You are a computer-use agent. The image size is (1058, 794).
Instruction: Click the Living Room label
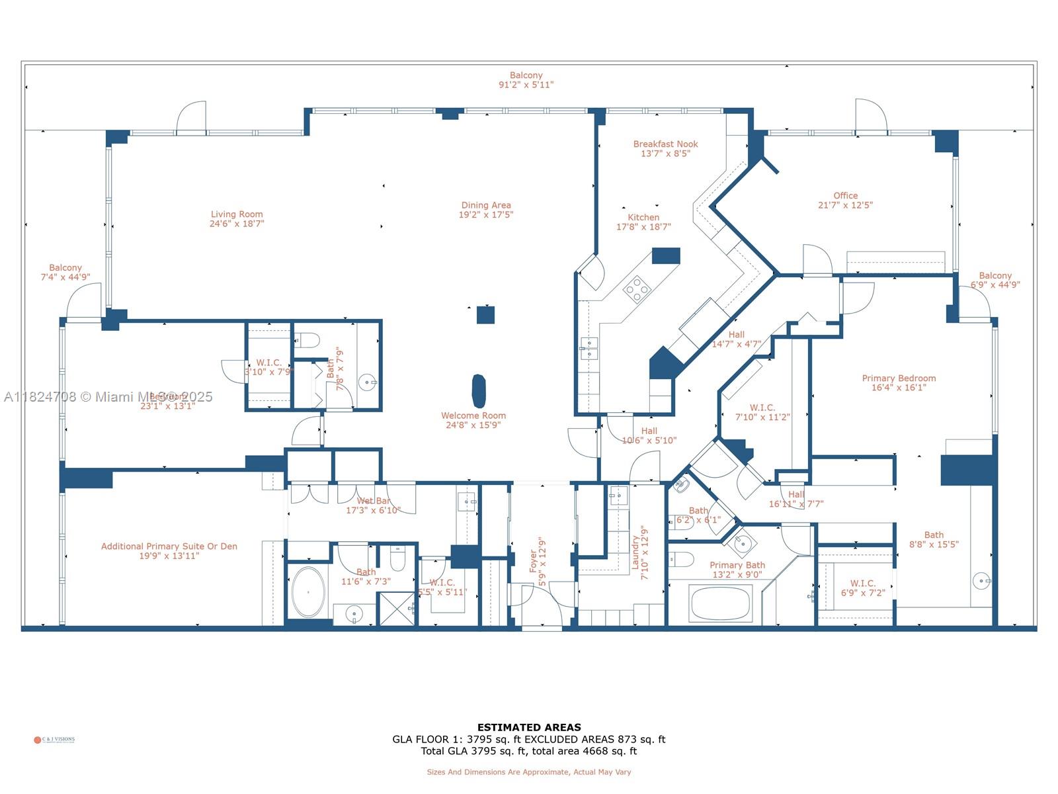click(237, 214)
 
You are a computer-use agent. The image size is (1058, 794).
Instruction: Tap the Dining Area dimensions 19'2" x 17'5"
click(486, 215)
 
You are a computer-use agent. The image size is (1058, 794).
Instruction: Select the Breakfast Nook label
click(665, 144)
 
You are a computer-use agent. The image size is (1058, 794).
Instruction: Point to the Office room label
click(845, 196)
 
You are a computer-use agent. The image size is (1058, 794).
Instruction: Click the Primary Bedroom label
click(899, 378)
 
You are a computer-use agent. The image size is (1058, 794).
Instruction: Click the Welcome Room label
click(473, 416)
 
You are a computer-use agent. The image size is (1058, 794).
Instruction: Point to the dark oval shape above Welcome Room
click(479, 391)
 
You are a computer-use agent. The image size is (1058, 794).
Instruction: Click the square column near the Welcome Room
click(485, 315)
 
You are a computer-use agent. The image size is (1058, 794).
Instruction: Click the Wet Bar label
click(374, 501)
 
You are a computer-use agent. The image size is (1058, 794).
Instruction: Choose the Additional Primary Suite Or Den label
click(169, 547)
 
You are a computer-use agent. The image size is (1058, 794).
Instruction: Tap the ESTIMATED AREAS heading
click(529, 727)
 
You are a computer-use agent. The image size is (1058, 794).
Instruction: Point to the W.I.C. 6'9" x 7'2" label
click(862, 584)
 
